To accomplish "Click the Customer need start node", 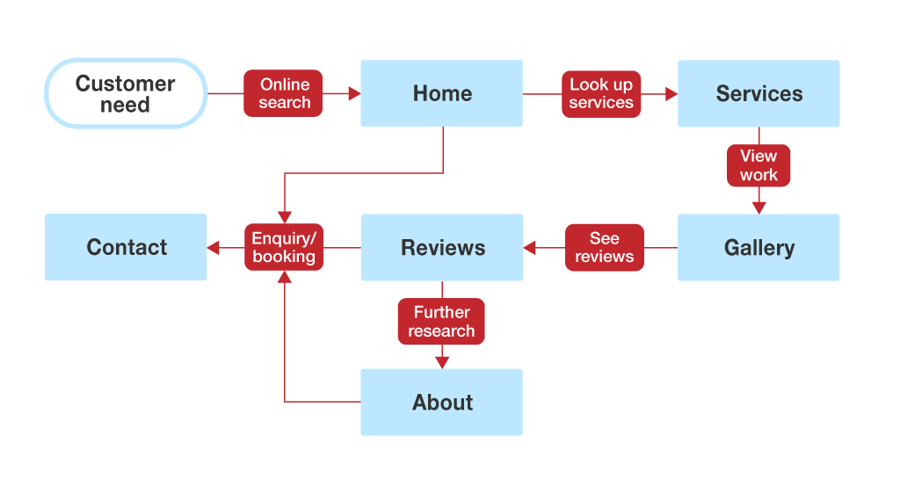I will pyautogui.click(x=126, y=93).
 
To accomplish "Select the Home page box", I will pyautogui.click(x=441, y=93).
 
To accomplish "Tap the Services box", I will pyautogui.click(x=758, y=93).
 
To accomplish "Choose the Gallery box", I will pyautogui.click(x=758, y=247).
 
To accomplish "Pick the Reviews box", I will pyautogui.click(x=442, y=247).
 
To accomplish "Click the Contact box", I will pyautogui.click(x=126, y=247).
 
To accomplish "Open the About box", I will pyautogui.click(x=441, y=402).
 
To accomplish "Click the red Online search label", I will pyautogui.click(x=284, y=93).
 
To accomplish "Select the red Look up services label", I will pyautogui.click(x=601, y=93).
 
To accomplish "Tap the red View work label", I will pyautogui.click(x=758, y=165).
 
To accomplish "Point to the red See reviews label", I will pyautogui.click(x=605, y=247).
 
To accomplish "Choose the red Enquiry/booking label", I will pyautogui.click(x=284, y=247).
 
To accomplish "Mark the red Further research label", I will pyautogui.click(x=441, y=322).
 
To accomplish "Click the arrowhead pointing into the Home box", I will pyautogui.click(x=354, y=93).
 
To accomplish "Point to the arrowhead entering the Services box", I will pyautogui.click(x=671, y=93).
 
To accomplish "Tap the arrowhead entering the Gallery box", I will pyautogui.click(x=758, y=207).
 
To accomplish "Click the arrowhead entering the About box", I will pyautogui.click(x=442, y=361).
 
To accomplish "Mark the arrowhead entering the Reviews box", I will pyautogui.click(x=530, y=248).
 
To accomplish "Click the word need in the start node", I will pyautogui.click(x=125, y=106).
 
